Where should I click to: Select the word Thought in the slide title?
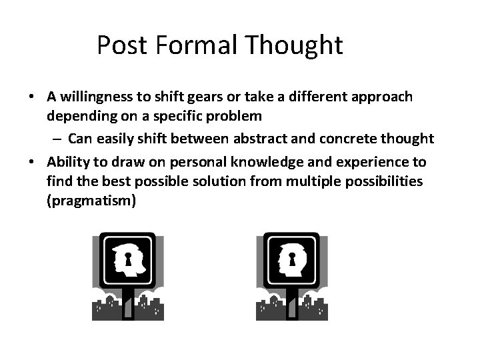[295, 45]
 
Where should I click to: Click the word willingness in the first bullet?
[93, 97]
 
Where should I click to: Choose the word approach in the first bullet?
[383, 97]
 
